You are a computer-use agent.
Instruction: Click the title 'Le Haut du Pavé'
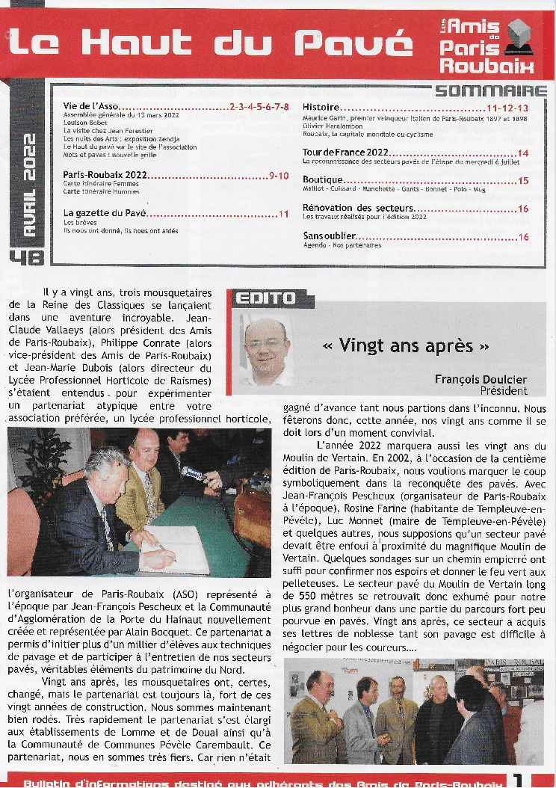click(x=210, y=43)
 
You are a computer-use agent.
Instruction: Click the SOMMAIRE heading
click(x=491, y=92)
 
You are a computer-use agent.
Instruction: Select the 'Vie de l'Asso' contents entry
click(x=90, y=108)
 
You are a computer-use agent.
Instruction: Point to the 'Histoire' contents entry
click(x=321, y=108)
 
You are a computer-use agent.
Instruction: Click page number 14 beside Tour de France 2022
click(x=522, y=154)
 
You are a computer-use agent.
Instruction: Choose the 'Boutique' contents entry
click(x=323, y=180)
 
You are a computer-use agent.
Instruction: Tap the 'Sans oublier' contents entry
click(x=330, y=237)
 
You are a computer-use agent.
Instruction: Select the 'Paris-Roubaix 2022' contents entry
click(x=105, y=175)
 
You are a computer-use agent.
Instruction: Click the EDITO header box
click(x=265, y=299)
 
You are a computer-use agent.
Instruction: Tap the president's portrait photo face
click(x=265, y=346)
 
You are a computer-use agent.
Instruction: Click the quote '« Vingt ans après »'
click(x=406, y=345)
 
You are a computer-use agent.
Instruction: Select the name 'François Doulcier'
click(x=481, y=379)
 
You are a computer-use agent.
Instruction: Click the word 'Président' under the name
click(x=503, y=390)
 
